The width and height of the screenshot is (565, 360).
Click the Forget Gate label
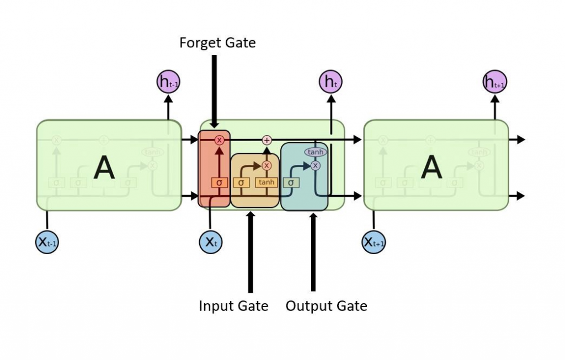click(217, 42)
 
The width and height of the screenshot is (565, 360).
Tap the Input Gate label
click(233, 306)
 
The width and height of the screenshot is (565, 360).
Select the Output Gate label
click(326, 306)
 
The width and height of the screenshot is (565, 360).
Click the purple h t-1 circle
click(168, 83)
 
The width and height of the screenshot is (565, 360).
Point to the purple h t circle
click(330, 83)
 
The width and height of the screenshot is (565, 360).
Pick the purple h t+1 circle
click(494, 83)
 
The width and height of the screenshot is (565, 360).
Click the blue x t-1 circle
click(47, 241)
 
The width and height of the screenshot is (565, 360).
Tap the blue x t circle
click(210, 241)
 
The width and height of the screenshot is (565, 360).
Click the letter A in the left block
click(104, 167)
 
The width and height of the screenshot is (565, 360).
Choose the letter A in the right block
click(431, 167)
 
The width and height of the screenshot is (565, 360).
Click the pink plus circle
click(267, 140)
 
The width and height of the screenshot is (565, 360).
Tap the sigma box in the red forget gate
click(219, 182)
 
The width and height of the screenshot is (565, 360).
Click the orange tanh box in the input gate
click(266, 182)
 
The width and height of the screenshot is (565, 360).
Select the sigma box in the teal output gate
click(291, 182)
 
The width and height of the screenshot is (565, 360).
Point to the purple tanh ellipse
click(315, 152)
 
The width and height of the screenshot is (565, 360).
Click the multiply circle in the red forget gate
click(219, 140)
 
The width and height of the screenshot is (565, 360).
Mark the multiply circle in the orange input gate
click(267, 165)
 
